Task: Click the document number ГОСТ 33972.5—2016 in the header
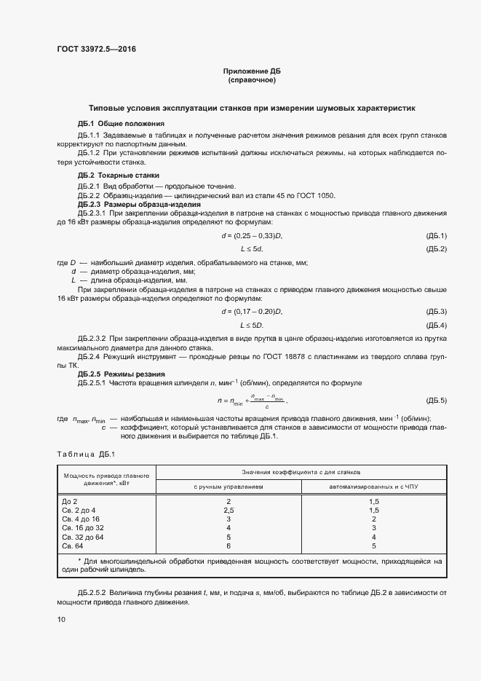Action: point(96,50)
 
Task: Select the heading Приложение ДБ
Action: point(251,71)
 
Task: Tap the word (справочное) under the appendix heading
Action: point(251,79)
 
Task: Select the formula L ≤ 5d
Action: point(251,249)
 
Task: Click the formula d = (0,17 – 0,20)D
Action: point(251,311)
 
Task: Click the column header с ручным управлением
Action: point(228,486)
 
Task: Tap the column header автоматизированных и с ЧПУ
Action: point(373,486)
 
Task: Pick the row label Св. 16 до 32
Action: point(83,527)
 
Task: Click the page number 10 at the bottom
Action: point(61,619)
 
